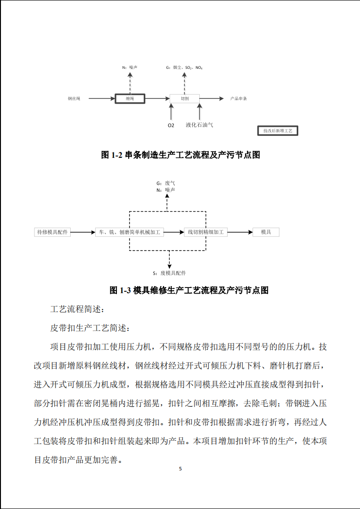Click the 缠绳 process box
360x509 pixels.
[x=130, y=99]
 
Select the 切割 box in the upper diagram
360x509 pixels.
[x=185, y=99]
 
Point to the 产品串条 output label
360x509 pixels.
[x=239, y=99]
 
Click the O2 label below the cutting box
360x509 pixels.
[x=171, y=125]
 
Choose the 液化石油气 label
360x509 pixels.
[x=199, y=125]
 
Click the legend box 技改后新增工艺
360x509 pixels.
[x=278, y=131]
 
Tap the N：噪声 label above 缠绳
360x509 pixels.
[x=130, y=68]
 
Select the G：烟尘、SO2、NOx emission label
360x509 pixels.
[x=184, y=68]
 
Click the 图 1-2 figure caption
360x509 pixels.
[x=180, y=155]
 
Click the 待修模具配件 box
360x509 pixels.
[x=53, y=232]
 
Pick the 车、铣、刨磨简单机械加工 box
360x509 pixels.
[x=130, y=232]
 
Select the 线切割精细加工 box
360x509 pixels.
[x=206, y=232]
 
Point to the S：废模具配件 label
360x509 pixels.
[x=169, y=273]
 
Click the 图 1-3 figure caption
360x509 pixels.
[x=189, y=290]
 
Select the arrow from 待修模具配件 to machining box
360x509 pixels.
[x=83, y=232]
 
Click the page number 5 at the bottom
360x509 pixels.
[x=180, y=469]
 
